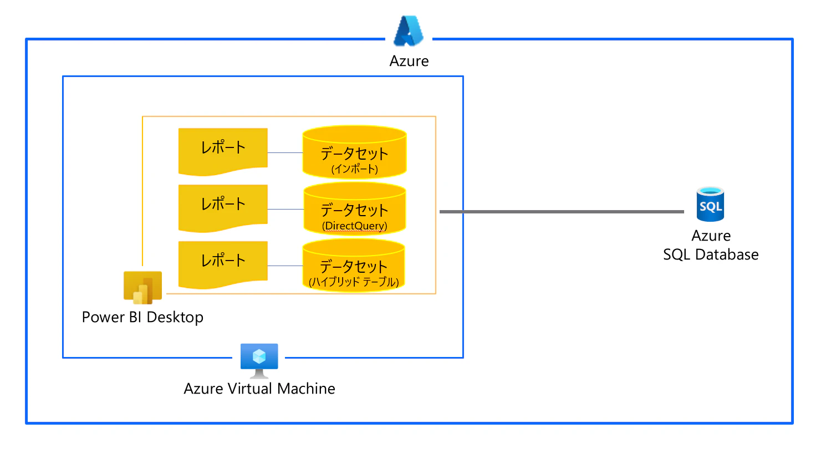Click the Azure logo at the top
point(409,31)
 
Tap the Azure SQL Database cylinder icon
point(710,204)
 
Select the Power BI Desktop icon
point(142,287)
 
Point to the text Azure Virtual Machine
point(259,389)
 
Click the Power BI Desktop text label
point(142,317)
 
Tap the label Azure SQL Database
point(711,245)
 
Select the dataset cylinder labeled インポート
point(354,152)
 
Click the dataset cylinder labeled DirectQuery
point(354,208)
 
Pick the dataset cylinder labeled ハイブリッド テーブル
point(354,265)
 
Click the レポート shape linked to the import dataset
point(223,152)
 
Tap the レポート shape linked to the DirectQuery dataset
point(223,208)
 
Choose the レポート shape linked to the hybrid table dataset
point(223,265)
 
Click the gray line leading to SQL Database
point(562,212)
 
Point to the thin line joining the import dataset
point(285,152)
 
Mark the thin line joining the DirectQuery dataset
point(285,209)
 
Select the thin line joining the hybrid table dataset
point(285,266)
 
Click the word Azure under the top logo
point(409,61)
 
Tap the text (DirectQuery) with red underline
point(354,226)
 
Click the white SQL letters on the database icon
point(711,206)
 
